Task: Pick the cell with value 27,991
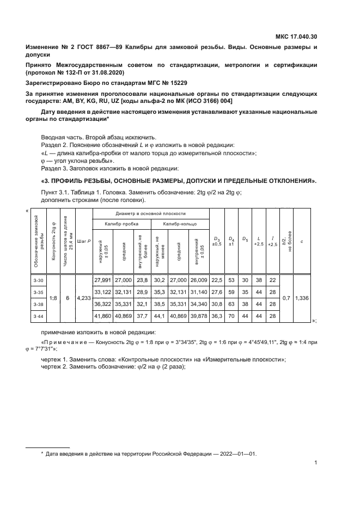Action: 102,280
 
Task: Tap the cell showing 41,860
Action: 102,316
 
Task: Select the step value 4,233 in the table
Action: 83,298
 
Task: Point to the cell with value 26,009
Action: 199,280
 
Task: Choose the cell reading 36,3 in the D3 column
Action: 217,316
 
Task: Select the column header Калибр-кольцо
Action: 178,224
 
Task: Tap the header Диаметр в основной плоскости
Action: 150,214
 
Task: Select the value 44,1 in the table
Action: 159,316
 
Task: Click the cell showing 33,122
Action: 102,292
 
